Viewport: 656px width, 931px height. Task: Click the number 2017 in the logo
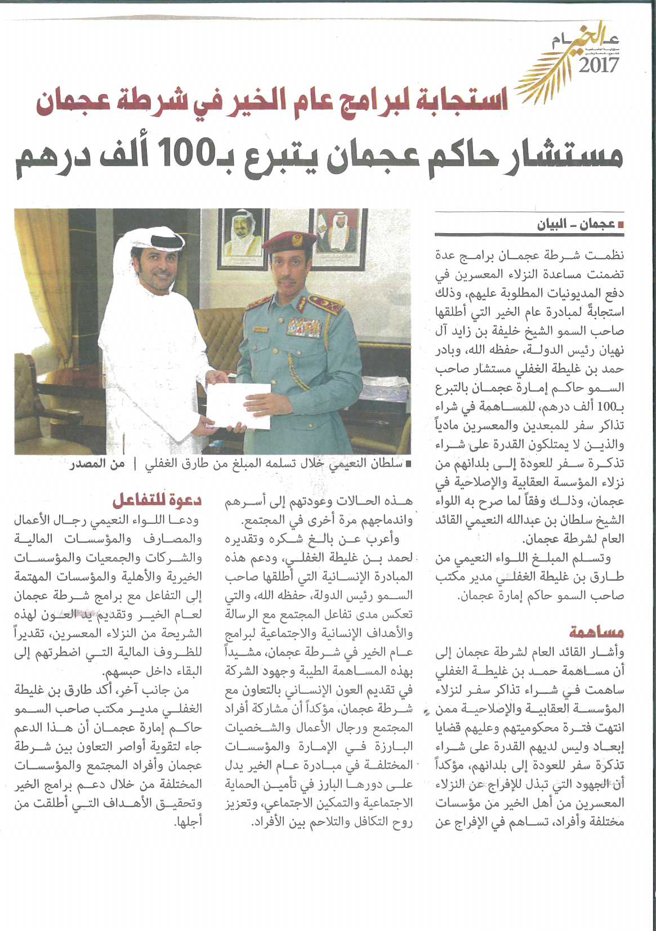pos(599,65)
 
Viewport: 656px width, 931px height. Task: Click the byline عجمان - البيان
pos(575,225)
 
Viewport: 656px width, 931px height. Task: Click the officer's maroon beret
pos(289,241)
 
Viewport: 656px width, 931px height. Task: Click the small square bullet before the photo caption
pos(408,465)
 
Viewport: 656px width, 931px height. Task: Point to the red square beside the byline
pos(621,225)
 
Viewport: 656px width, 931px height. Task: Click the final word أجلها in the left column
pos(188,822)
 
